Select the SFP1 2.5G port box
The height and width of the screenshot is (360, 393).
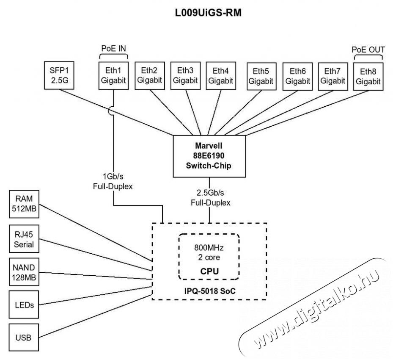coord(59,75)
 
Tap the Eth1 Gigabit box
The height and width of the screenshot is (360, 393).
coord(113,75)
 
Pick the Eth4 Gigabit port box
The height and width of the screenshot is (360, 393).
coord(220,75)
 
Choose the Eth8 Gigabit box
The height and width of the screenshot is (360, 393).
coord(368,76)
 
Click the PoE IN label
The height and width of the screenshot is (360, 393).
coord(113,49)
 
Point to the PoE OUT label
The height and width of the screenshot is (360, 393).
coord(368,50)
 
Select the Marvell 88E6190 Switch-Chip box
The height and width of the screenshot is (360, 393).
coord(209,156)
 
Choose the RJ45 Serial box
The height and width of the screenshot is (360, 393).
coord(24,239)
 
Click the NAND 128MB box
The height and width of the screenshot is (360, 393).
coord(24,272)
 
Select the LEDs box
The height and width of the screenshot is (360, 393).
coord(24,305)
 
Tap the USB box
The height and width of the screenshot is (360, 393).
coord(24,338)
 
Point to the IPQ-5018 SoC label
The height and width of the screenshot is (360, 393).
coord(209,291)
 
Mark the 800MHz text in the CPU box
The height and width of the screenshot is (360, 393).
coord(209,248)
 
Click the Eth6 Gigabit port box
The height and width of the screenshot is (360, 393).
coord(298,76)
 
